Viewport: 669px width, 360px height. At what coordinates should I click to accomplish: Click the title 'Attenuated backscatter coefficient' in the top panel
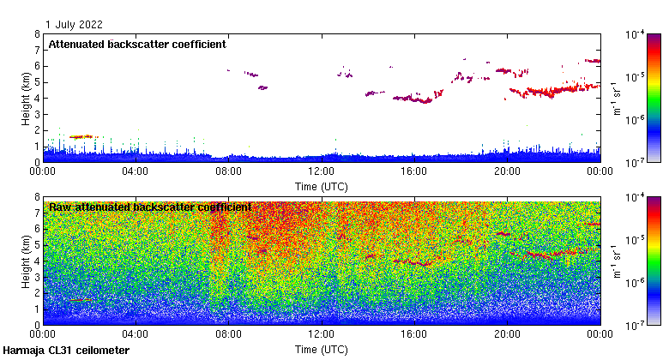point(137,44)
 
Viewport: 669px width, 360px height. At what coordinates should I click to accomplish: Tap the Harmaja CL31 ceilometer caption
point(66,351)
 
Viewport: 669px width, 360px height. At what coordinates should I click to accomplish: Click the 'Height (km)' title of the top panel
point(27,98)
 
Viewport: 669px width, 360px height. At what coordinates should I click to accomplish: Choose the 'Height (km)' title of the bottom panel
point(27,261)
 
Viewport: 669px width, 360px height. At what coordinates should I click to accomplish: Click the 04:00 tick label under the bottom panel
point(136,334)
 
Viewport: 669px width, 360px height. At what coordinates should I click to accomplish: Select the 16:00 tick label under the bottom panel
point(414,334)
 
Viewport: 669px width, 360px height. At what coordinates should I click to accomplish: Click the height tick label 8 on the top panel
point(36,34)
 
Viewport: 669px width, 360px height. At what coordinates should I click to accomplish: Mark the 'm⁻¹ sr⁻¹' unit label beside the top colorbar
point(616,98)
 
